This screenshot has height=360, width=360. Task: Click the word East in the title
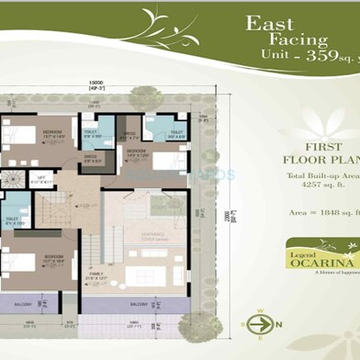coord(270,25)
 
